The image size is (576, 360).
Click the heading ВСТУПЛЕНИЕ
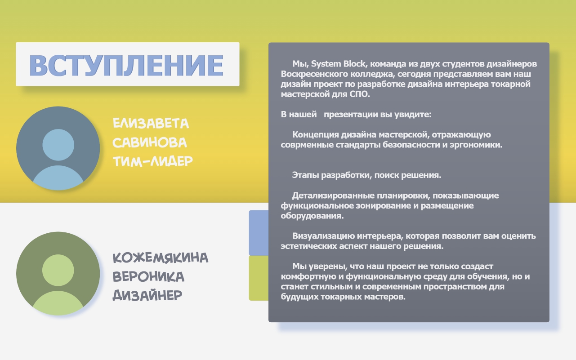pyautogui.click(x=126, y=65)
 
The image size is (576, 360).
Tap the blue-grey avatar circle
pyautogui.click(x=58, y=148)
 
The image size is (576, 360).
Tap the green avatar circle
pyautogui.click(x=58, y=273)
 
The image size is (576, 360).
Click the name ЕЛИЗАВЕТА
pyautogui.click(x=151, y=123)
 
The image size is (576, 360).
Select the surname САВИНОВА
pyautogui.click(x=150, y=142)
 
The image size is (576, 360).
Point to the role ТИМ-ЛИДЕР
pyautogui.click(x=153, y=161)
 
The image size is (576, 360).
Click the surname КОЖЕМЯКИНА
pyautogui.click(x=161, y=258)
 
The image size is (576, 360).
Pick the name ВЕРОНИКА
pyautogui.click(x=148, y=277)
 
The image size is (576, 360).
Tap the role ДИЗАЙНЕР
pyautogui.click(x=147, y=295)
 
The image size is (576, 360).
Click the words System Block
pyautogui.click(x=338, y=64)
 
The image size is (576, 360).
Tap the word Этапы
pyautogui.click(x=305, y=175)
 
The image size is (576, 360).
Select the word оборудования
pyautogui.click(x=312, y=216)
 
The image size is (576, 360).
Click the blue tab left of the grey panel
pyautogui.click(x=259, y=233)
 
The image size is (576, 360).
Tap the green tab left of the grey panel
pyautogui.click(x=259, y=278)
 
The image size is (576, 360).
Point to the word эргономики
pyautogui.click(x=476, y=145)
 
